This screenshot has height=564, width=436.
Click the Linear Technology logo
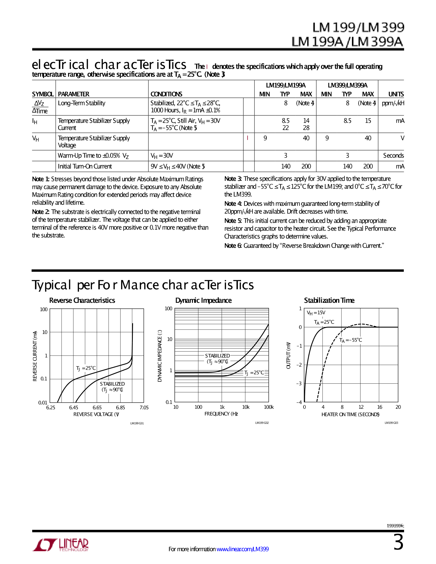(60, 545)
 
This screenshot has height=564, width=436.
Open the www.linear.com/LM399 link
(243, 549)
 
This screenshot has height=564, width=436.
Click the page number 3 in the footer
(398, 543)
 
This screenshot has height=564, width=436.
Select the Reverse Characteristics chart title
(82, 301)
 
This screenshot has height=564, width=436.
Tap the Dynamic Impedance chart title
(203, 301)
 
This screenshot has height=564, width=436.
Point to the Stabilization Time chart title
(329, 301)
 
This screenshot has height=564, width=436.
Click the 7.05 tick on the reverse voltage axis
(144, 408)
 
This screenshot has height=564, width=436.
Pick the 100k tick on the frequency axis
(269, 407)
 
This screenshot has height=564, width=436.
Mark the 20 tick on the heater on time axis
(398, 407)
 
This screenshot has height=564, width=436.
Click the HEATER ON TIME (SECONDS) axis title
(350, 414)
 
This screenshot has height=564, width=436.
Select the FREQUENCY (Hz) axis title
(221, 414)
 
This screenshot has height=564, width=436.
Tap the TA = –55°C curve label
(351, 340)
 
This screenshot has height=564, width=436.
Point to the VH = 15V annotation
(316, 313)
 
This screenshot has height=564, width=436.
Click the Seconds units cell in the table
(393, 156)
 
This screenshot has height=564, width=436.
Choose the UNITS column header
(396, 94)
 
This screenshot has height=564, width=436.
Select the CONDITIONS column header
(166, 94)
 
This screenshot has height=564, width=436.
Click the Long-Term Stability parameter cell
(82, 103)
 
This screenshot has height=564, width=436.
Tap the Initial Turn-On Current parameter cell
(85, 166)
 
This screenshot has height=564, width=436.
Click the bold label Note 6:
(233, 246)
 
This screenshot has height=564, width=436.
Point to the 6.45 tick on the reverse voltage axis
(74, 408)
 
